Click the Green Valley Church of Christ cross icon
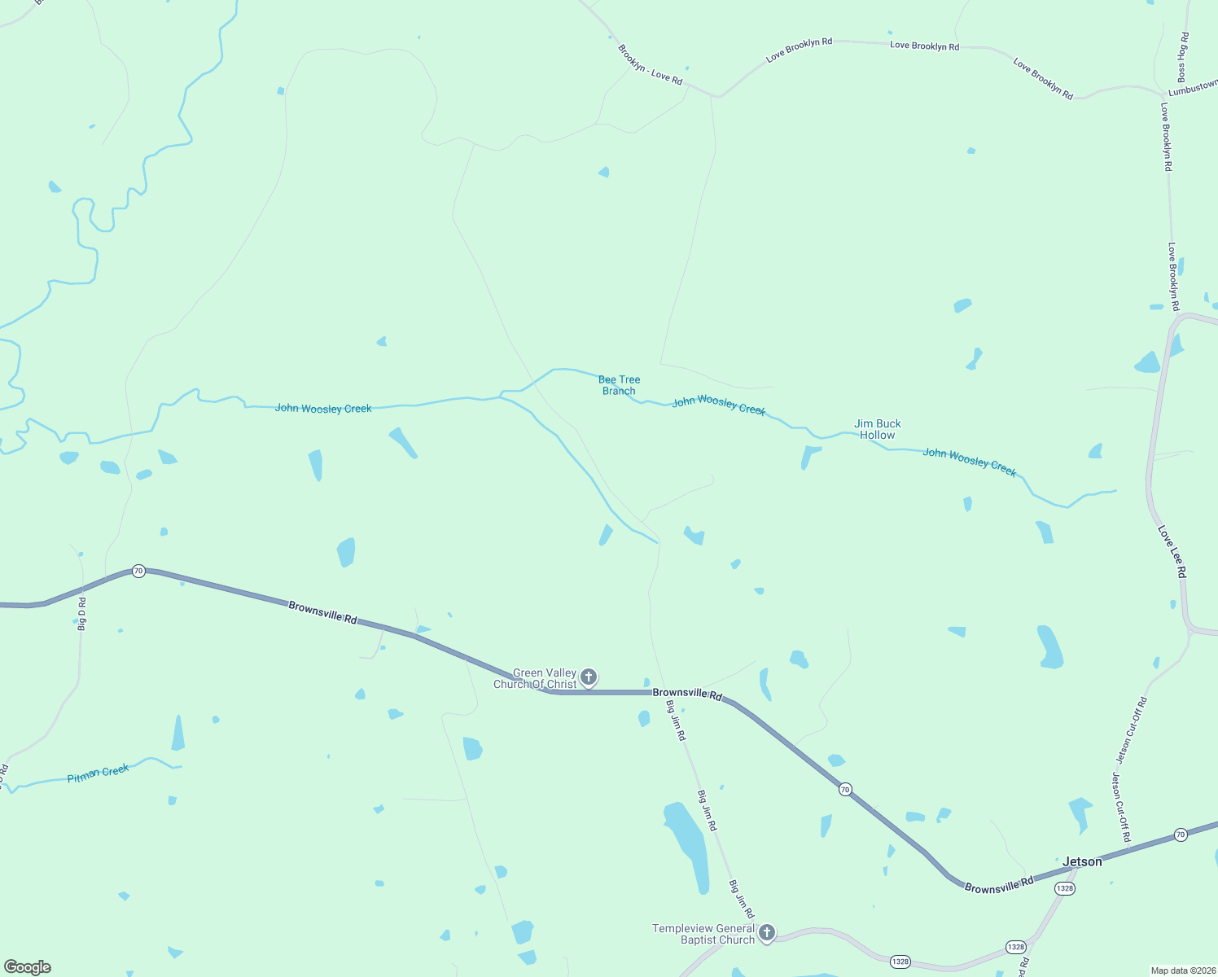point(588,677)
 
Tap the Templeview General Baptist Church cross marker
point(766,932)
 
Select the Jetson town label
point(1082,861)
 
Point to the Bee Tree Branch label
point(619,385)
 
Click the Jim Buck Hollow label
point(877,429)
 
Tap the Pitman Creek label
point(98,773)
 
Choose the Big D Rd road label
point(81,613)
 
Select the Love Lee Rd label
point(1172,552)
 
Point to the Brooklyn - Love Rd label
point(650,64)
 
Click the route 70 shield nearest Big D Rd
point(138,571)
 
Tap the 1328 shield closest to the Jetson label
point(1064,888)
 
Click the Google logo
point(28,967)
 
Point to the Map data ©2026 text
point(1182,970)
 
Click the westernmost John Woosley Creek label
point(323,408)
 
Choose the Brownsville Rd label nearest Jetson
point(998,884)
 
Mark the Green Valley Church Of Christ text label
point(535,678)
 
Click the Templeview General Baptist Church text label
point(703,934)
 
